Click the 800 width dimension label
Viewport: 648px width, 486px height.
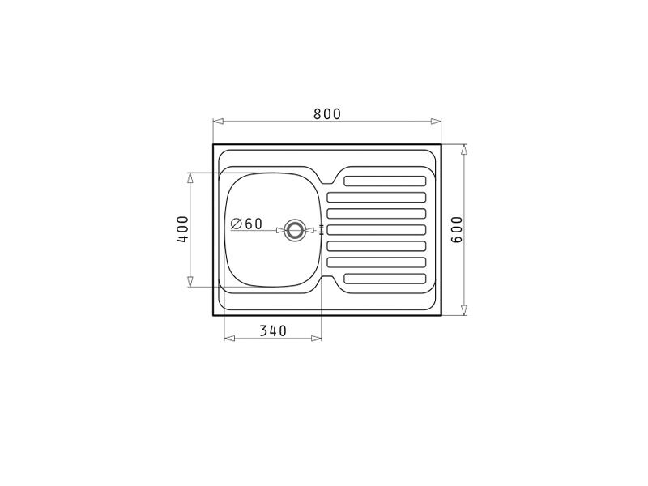coord(327,113)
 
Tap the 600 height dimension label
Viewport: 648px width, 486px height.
coord(457,229)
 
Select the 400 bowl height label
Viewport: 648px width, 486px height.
coord(183,229)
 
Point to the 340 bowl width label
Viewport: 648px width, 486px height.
coord(273,330)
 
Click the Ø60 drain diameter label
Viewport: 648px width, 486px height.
coord(246,224)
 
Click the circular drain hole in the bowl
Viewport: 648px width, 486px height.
coord(295,230)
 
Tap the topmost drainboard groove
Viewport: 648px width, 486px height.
coord(385,181)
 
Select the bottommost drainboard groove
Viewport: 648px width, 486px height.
coord(385,279)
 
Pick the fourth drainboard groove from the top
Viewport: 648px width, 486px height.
coord(377,230)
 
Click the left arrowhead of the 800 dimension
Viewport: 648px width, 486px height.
coord(218,121)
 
